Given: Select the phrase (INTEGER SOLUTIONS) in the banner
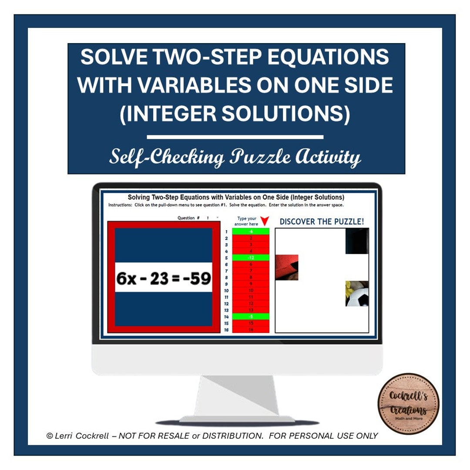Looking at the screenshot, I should point(235,113).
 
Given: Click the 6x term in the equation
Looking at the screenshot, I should point(127,278).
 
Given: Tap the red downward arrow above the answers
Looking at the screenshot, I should point(265,221).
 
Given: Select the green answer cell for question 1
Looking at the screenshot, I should point(251,232).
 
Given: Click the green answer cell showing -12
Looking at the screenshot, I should point(251,258).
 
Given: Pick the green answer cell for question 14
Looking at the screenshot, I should point(251,316).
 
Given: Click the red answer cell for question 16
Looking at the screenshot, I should point(251,330).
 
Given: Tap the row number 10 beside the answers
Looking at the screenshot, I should point(226,290).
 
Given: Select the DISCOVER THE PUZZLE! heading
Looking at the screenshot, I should point(322,222).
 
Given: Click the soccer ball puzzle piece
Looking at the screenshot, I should point(357,294).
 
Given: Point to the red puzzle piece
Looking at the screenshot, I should point(287,267).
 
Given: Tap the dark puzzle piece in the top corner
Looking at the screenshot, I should point(357,241).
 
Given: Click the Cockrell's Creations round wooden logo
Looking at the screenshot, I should point(408,403).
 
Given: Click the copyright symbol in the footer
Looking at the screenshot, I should point(50,436).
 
